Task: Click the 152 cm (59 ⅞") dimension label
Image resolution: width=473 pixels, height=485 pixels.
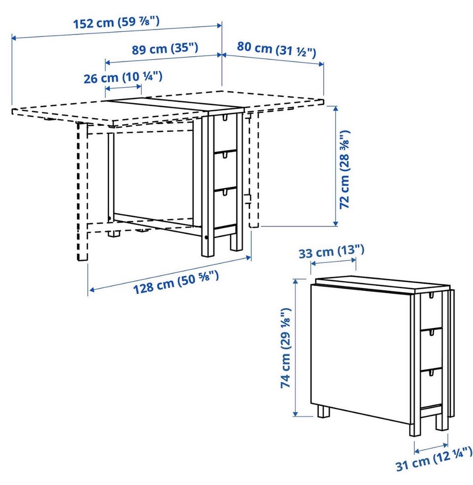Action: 116,23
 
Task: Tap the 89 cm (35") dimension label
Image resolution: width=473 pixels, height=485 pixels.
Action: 165,49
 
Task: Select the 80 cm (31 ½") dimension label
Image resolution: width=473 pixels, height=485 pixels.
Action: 276,49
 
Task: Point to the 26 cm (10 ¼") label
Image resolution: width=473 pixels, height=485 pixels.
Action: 123,77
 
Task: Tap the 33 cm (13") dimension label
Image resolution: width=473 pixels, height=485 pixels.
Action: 331,252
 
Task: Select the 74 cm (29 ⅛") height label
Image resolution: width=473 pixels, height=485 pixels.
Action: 285,348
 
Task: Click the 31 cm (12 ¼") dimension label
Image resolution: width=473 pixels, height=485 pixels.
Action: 434,460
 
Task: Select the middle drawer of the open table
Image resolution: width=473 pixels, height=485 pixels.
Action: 225,170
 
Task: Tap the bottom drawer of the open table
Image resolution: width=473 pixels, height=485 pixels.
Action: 225,208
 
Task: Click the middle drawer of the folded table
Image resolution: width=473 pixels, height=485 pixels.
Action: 431,349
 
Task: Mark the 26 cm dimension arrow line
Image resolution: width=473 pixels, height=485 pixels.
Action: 124,88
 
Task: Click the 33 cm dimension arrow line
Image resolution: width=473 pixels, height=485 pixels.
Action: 334,261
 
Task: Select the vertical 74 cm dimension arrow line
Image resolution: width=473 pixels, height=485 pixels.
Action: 296,347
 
